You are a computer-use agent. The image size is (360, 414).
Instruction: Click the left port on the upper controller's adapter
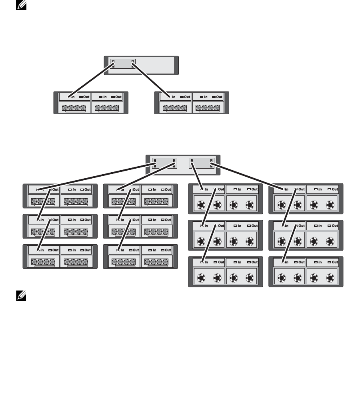(x=113, y=62)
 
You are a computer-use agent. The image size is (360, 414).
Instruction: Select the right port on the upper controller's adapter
(x=133, y=62)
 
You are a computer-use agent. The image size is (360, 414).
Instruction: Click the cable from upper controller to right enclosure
(x=152, y=79)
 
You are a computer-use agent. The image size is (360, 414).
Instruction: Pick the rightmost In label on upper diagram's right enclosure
(x=206, y=97)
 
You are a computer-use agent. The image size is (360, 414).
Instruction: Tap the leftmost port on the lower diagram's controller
(x=155, y=162)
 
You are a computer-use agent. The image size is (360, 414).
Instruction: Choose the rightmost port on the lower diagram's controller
(x=211, y=162)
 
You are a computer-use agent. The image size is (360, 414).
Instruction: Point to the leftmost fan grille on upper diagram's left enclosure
(x=74, y=107)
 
